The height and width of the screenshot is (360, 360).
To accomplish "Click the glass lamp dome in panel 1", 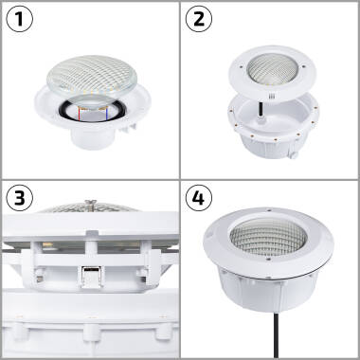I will pyautogui.click(x=91, y=76).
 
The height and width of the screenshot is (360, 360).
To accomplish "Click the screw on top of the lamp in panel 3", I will pyautogui.click(x=90, y=201).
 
